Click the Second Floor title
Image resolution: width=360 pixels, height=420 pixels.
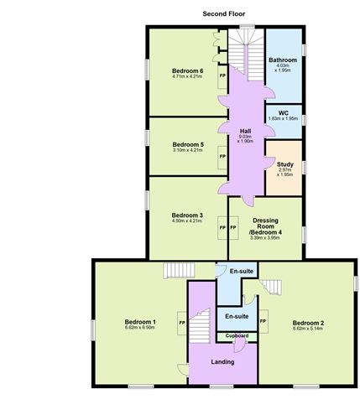223,13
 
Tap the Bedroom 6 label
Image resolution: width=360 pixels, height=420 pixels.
189,71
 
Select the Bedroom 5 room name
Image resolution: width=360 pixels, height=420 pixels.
189,143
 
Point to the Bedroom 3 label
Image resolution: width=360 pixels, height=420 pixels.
188,215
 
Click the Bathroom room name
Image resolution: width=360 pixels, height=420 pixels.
283,60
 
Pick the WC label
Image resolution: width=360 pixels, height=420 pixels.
283,111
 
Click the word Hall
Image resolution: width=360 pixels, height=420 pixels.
247,131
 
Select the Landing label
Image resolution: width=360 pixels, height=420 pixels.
222,361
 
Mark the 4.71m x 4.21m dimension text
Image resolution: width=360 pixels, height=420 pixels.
189,78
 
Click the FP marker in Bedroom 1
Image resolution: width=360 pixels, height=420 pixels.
181,322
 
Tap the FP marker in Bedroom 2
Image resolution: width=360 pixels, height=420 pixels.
263,322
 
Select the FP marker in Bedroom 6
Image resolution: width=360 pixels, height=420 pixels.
222,76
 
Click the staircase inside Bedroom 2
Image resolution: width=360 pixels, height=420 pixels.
270,288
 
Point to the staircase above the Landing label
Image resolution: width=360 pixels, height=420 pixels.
200,325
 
